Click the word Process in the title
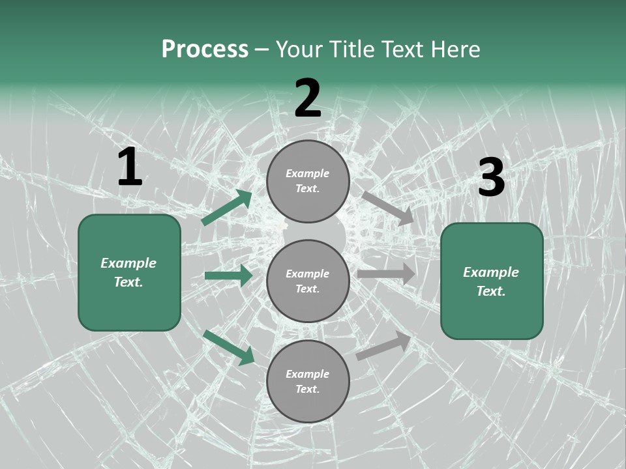point(205,50)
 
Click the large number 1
point(130,167)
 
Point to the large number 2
point(308,98)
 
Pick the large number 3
point(491,178)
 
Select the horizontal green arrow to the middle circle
point(228,276)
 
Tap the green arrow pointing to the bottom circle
point(229,347)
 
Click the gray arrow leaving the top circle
point(387,208)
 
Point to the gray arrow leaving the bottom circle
point(383,346)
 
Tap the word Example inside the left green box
point(128,263)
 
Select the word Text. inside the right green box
point(491,291)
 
